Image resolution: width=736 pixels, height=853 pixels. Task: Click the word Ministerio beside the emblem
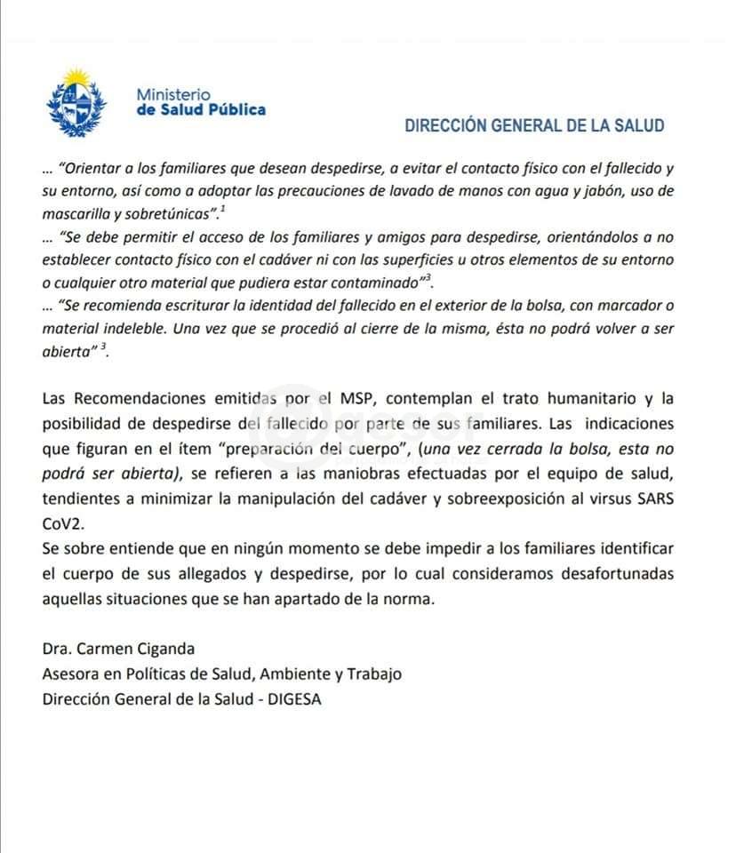pos(173,93)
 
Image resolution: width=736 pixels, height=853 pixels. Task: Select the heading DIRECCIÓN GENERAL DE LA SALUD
pos(534,125)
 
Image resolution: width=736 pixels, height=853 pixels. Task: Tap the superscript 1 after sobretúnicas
pos(224,209)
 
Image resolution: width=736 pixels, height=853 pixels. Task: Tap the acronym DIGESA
pos(293,698)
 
